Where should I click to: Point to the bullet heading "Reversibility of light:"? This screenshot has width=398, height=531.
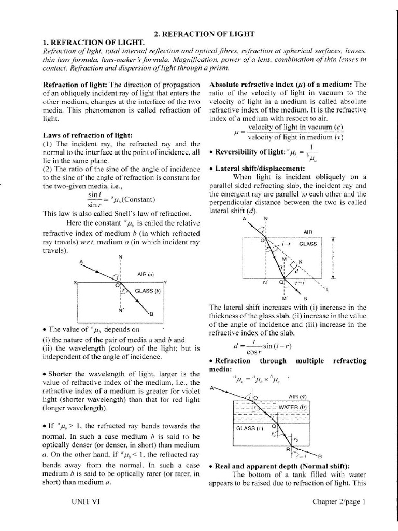(x=246, y=152)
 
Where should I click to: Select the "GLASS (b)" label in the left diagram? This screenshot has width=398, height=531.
(x=148, y=291)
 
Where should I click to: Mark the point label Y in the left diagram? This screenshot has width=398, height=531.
(x=165, y=282)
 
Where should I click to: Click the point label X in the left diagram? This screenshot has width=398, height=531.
(x=75, y=282)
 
